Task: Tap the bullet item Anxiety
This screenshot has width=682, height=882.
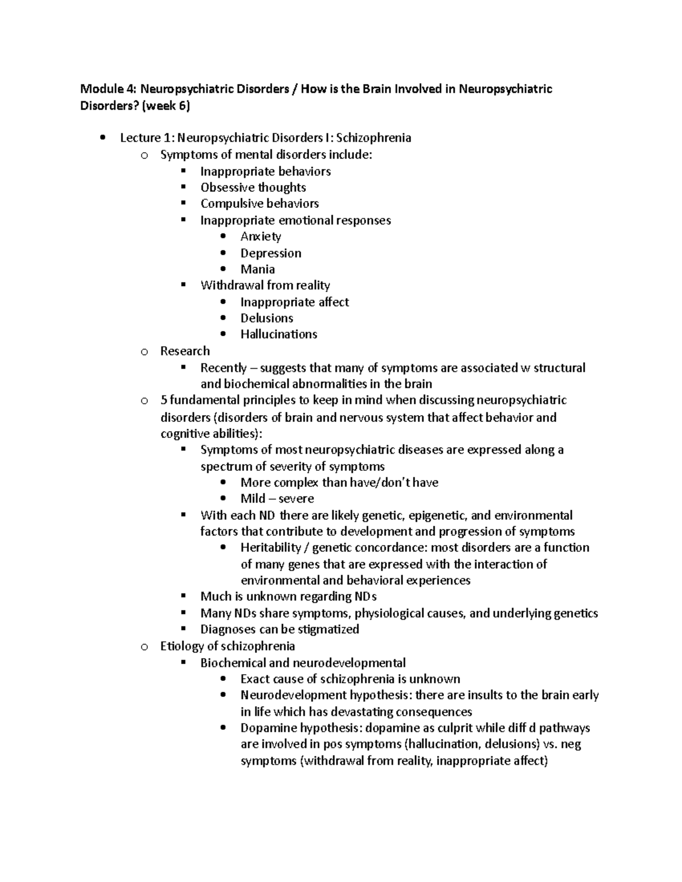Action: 260,236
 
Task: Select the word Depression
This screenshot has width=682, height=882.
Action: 271,253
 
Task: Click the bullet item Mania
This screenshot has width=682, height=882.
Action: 257,269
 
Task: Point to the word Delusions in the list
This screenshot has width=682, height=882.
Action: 267,318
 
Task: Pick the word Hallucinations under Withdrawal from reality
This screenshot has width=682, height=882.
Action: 278,335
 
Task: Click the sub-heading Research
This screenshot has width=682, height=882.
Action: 185,351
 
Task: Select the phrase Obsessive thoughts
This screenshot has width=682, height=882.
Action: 253,187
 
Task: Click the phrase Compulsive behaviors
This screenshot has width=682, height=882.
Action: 259,203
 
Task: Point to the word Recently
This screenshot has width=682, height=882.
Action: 223,368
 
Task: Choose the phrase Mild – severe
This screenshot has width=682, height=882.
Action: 277,499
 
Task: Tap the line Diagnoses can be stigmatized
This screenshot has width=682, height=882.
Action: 280,629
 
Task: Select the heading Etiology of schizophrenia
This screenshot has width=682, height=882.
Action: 227,646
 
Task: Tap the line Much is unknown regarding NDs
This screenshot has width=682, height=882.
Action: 288,596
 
